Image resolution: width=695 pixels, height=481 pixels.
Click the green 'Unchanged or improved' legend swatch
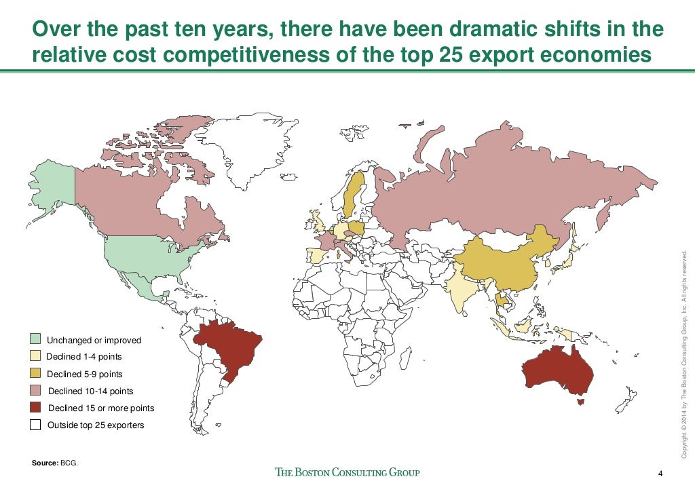click(x=35, y=339)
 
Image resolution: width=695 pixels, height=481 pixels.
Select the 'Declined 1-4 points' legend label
click(x=84, y=357)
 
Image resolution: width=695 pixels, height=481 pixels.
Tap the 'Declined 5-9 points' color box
click(x=35, y=374)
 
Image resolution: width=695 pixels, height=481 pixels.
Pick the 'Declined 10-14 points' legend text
click(x=90, y=391)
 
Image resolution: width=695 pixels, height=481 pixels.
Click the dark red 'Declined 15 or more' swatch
click(x=35, y=408)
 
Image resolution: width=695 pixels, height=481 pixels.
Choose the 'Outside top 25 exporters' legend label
click(x=95, y=426)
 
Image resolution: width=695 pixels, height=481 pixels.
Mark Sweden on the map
click(x=352, y=193)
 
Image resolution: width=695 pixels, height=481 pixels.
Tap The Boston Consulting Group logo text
click(x=347, y=472)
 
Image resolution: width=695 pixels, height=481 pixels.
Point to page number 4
click(x=660, y=473)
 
